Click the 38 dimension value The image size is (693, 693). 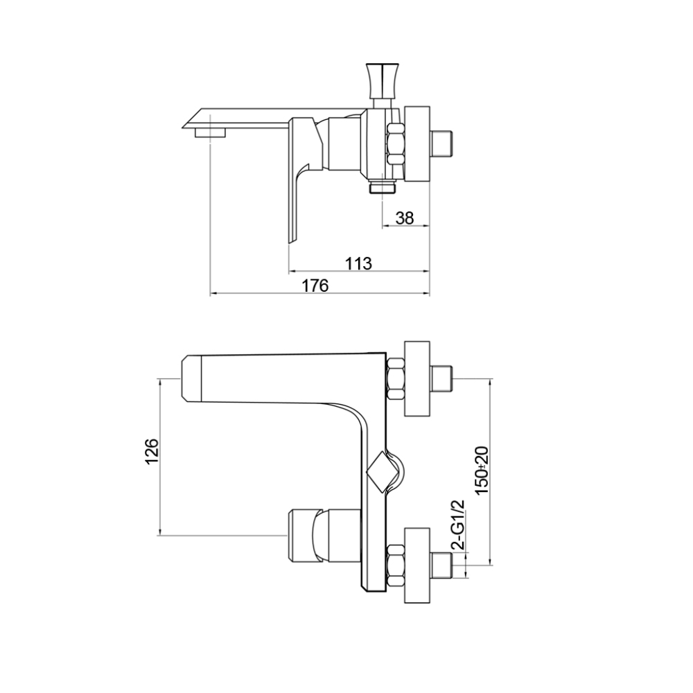pos(404,218)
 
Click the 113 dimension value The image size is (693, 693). pos(358,263)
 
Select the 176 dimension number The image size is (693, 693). pos(315,286)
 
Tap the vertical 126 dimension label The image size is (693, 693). pos(151,451)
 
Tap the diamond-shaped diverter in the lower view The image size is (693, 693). pos(383,473)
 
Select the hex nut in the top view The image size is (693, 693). pos(396,144)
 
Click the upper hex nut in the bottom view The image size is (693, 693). pos(396,379)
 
